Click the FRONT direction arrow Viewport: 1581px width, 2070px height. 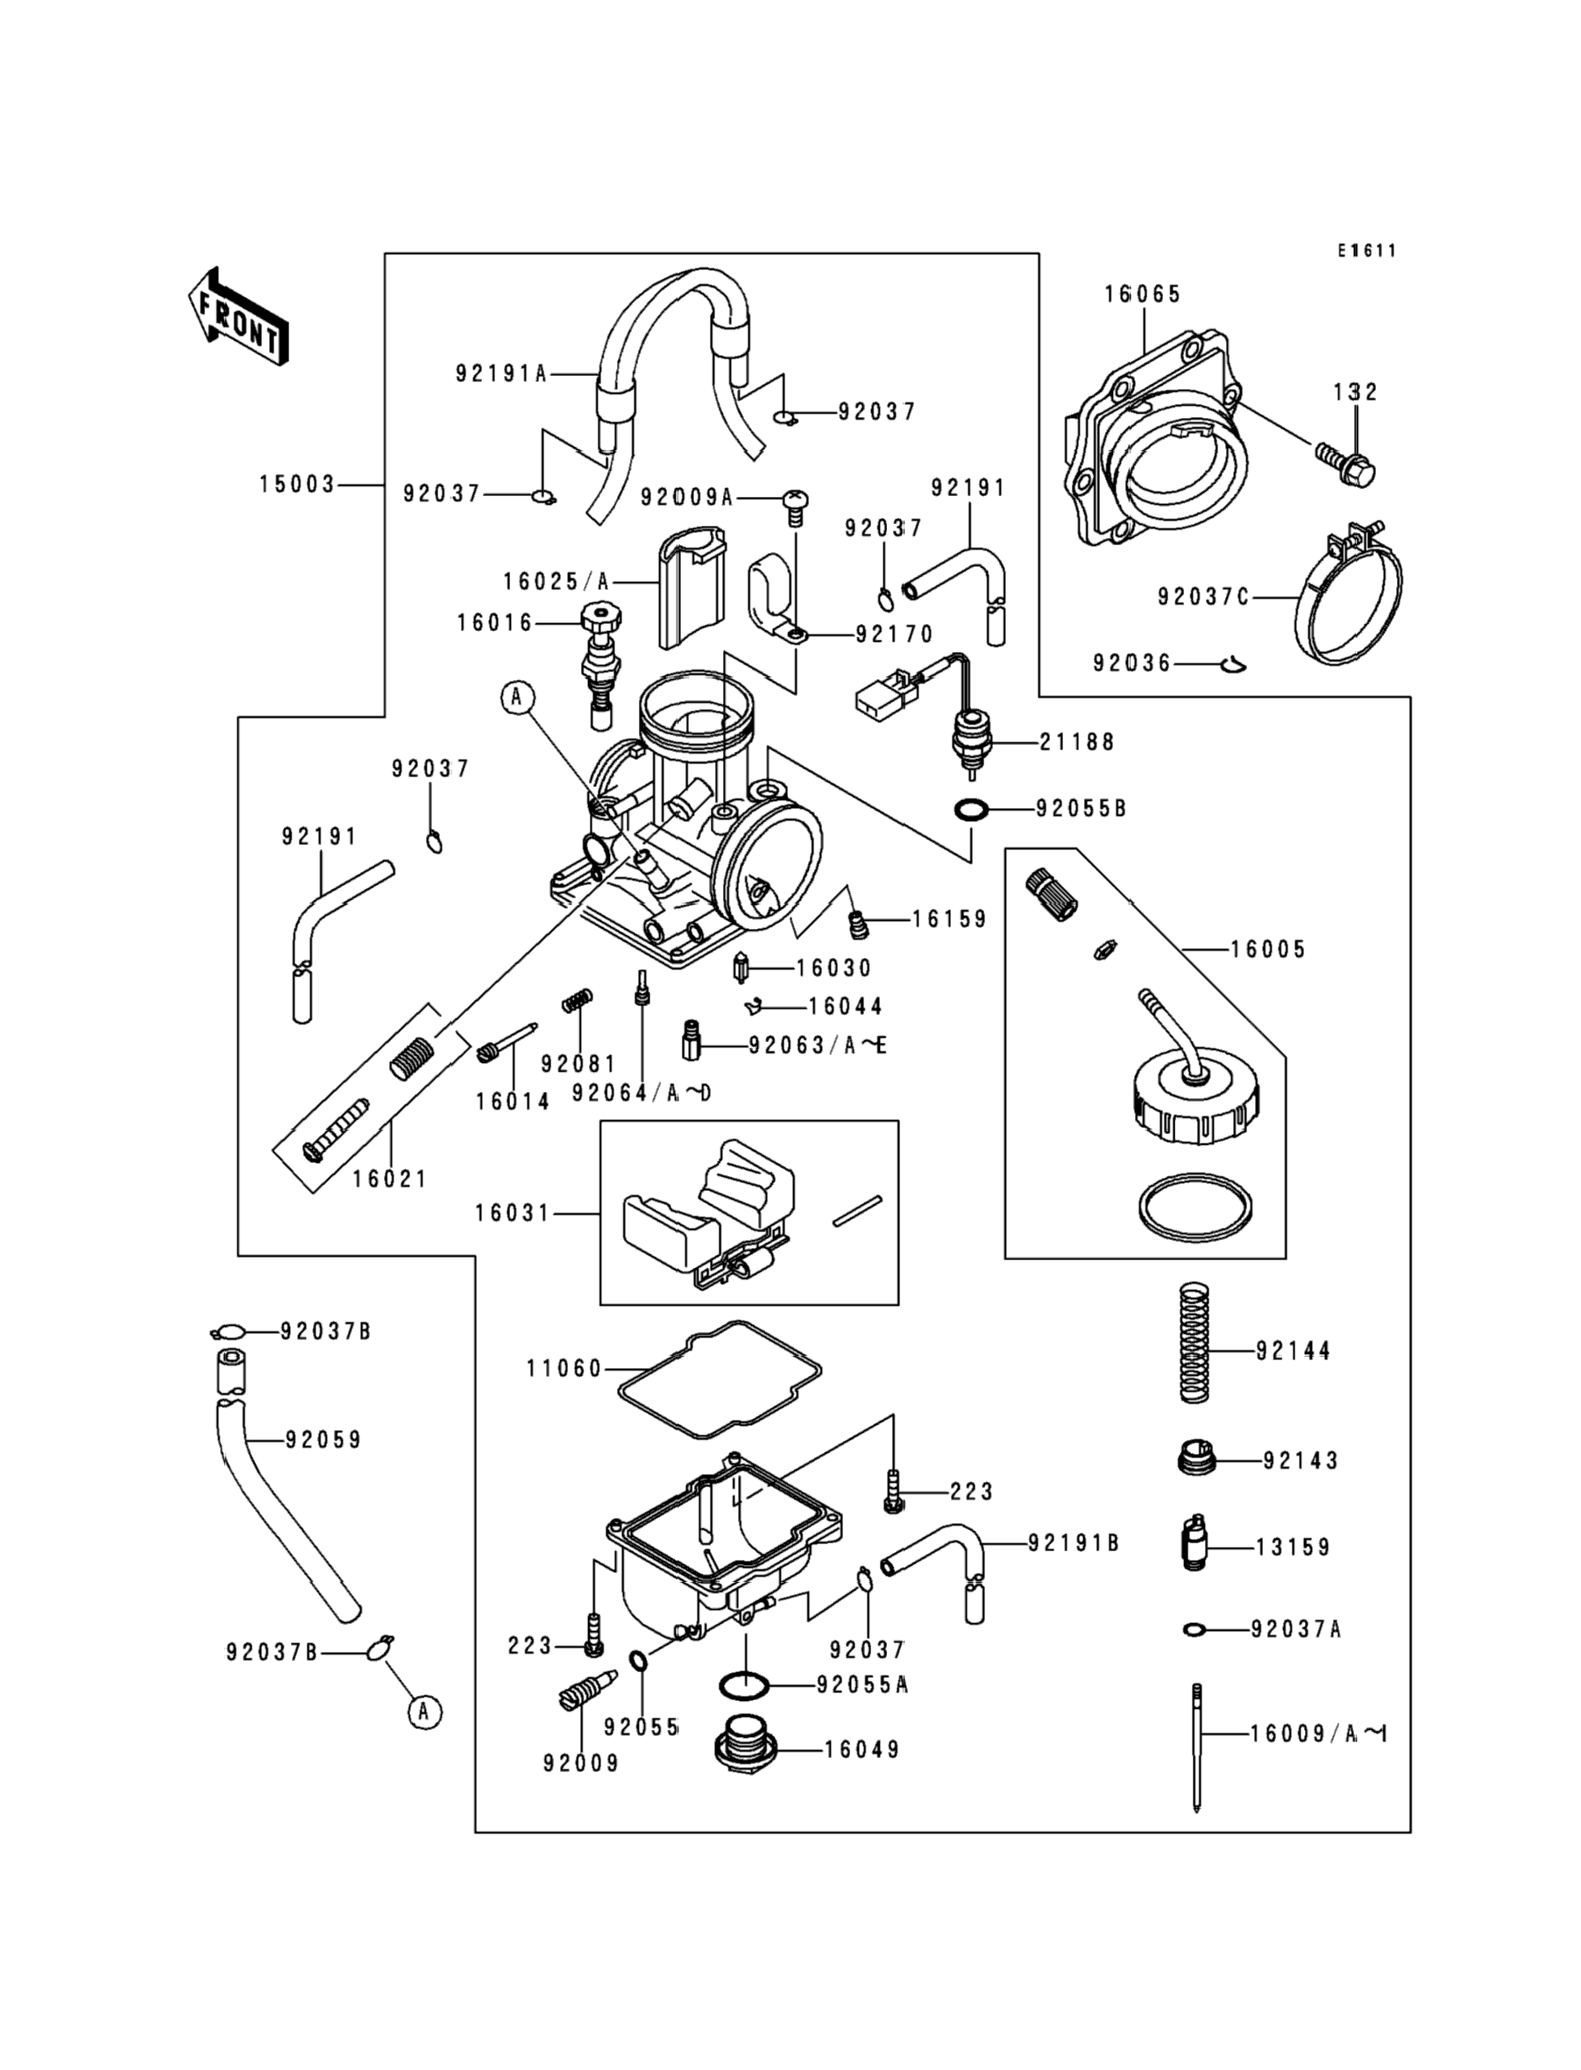click(x=239, y=317)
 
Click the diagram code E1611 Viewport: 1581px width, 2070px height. click(x=1367, y=251)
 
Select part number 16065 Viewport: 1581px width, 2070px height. click(x=1142, y=294)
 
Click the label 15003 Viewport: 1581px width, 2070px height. click(x=297, y=485)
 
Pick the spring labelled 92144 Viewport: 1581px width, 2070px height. click(x=1195, y=1344)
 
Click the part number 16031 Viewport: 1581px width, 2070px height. click(x=512, y=1214)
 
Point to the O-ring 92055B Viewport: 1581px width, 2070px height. click(x=971, y=809)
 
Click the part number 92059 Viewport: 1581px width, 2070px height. click(x=323, y=1440)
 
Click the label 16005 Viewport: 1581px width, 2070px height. click(x=1268, y=949)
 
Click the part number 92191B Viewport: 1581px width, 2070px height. click(x=1074, y=1543)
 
